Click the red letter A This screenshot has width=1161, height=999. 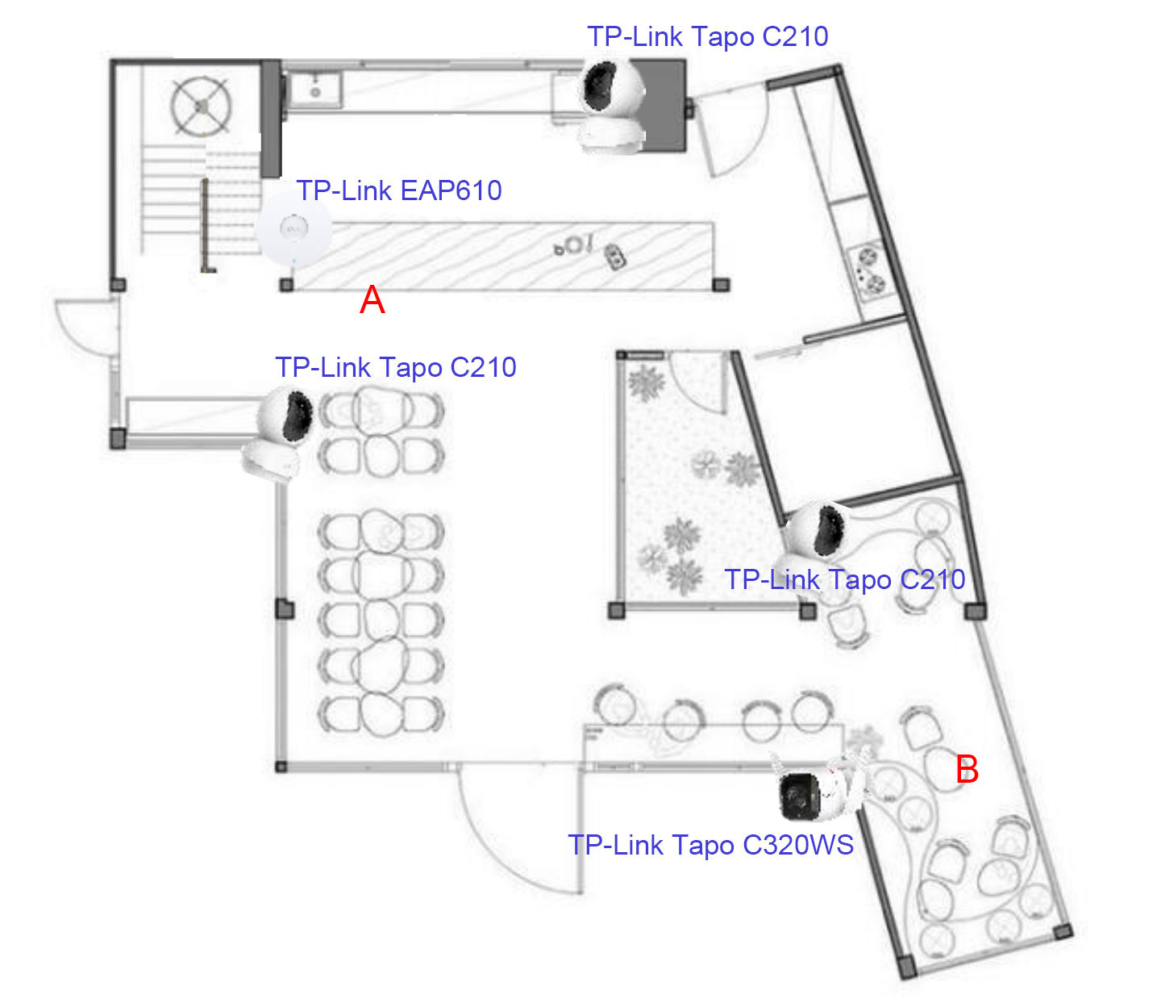point(372,300)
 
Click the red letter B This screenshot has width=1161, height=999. point(967,770)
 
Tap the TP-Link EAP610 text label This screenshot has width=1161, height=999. point(399,190)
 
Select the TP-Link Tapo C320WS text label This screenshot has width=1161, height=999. point(710,845)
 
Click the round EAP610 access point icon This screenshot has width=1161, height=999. point(293,228)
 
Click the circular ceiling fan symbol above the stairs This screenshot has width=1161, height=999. point(201,107)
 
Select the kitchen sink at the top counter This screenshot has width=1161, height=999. point(316,89)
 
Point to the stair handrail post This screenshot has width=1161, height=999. point(206,226)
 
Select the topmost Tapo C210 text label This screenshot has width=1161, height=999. point(708,36)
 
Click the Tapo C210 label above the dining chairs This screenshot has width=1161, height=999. point(396,368)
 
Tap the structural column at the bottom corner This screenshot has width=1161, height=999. point(905,965)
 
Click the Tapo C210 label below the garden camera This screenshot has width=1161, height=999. point(845,579)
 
